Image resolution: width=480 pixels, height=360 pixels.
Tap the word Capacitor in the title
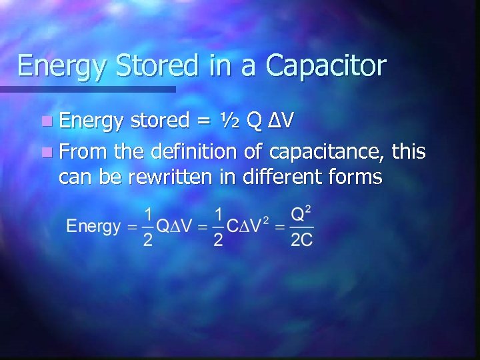tap(326, 66)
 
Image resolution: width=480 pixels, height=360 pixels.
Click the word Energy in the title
tap(59, 66)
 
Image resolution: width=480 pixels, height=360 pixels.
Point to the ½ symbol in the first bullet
tap(229, 121)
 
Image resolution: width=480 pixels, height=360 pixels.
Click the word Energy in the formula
tap(93, 227)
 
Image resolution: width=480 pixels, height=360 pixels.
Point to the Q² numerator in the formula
tap(302, 215)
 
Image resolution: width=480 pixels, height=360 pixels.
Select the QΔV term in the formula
tap(177, 227)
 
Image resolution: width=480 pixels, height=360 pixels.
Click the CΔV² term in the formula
tap(251, 225)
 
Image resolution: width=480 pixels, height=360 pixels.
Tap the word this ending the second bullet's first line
tap(409, 151)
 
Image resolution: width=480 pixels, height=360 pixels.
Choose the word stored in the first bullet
tap(159, 121)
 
